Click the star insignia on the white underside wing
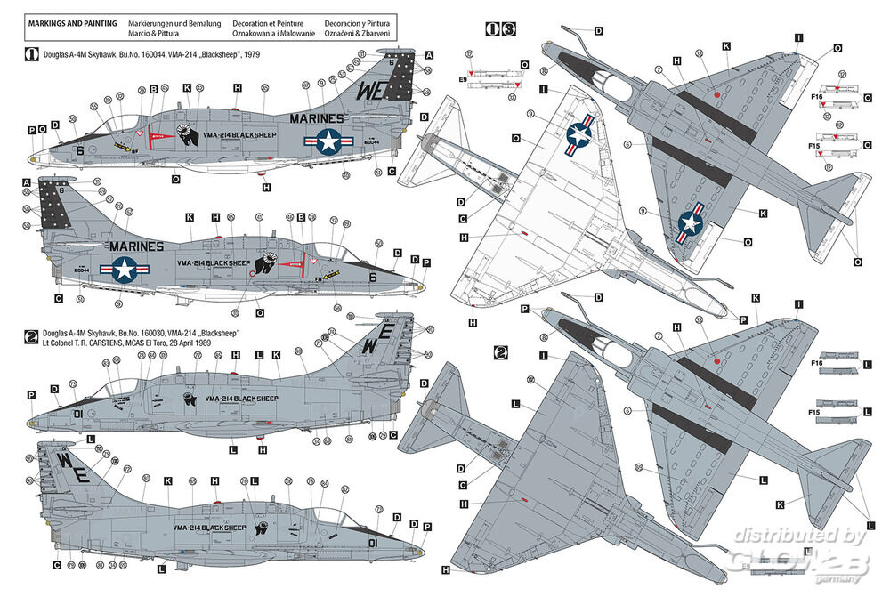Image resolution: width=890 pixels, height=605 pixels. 579,133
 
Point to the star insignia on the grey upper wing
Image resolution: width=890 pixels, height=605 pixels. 692,225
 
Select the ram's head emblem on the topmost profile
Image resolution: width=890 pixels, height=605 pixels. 187,138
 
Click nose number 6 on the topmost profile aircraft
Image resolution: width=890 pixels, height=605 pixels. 79,151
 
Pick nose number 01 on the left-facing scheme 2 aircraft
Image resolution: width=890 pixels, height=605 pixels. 77,413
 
